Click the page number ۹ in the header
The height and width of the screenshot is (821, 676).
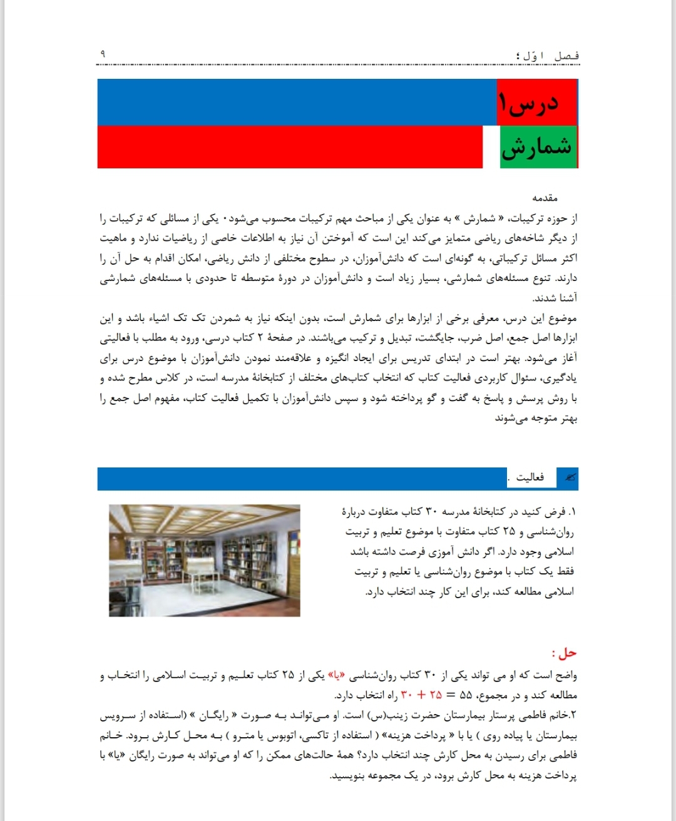[103, 54]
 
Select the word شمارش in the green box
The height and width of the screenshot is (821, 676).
[537, 148]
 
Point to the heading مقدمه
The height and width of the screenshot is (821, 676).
[545, 198]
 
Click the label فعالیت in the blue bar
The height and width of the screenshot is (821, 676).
[530, 478]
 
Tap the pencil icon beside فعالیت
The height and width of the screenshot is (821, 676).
[570, 478]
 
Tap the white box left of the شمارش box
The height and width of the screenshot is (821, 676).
[491, 147]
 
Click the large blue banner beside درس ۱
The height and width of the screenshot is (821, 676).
[297, 102]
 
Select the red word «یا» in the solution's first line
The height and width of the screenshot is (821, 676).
[339, 676]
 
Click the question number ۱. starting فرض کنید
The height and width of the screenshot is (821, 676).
[571, 512]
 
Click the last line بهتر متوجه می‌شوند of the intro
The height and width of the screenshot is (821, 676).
[536, 418]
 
